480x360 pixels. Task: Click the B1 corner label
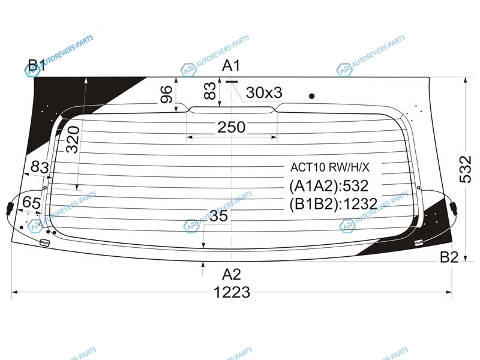[x=37, y=65]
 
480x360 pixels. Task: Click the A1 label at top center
[x=231, y=65]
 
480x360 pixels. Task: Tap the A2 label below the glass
[x=232, y=274]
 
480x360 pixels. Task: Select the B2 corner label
[x=449, y=257]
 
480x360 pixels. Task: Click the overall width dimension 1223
[x=232, y=292]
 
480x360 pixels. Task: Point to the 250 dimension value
[x=232, y=127]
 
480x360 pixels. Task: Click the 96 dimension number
[x=166, y=94]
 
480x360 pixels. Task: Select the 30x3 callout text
[x=264, y=92]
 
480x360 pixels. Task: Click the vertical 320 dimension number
[x=73, y=140]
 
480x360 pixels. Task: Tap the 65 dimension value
[x=32, y=202]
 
